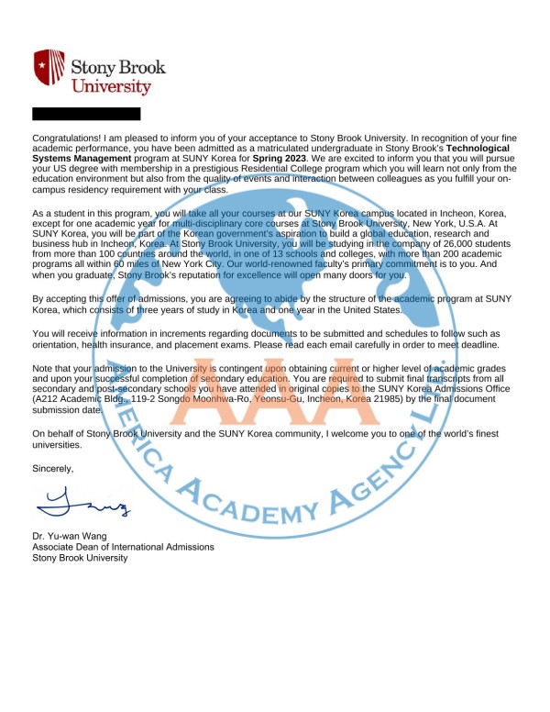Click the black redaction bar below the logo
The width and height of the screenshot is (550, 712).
tap(86, 114)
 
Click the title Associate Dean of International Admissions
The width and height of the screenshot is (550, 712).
tap(123, 547)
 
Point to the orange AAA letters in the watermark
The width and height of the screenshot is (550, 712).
tap(275, 404)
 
